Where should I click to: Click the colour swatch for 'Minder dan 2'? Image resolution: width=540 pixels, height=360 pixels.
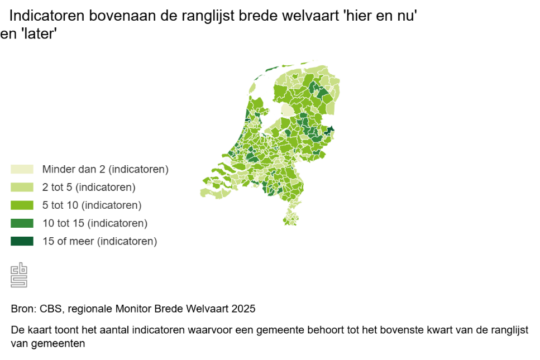click(x=22, y=169)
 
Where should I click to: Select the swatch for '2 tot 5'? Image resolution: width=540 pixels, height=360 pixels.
click(x=22, y=187)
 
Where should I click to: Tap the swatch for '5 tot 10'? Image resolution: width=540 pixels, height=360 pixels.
click(x=22, y=205)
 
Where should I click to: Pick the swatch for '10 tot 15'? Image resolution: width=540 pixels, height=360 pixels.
click(x=22, y=223)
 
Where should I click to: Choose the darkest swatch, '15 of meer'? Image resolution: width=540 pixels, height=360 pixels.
click(x=22, y=241)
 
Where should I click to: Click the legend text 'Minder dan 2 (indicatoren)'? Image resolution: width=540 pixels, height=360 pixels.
click(x=106, y=169)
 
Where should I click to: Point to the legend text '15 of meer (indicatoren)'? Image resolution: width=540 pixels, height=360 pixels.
click(x=100, y=241)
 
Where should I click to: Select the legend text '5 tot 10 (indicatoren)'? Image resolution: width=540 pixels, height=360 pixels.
click(x=92, y=205)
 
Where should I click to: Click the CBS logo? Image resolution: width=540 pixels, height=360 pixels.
click(x=19, y=275)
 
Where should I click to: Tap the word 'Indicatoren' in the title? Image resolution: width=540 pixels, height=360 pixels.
click(x=47, y=16)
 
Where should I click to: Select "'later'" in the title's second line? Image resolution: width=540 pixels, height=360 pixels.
click(x=39, y=33)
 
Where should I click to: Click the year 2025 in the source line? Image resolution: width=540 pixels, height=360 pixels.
click(x=243, y=309)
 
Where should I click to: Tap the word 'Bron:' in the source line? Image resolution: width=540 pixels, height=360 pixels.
click(x=24, y=309)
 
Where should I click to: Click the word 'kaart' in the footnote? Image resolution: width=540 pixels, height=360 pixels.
click(x=40, y=330)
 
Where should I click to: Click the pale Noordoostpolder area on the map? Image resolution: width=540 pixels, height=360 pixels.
click(x=287, y=110)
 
